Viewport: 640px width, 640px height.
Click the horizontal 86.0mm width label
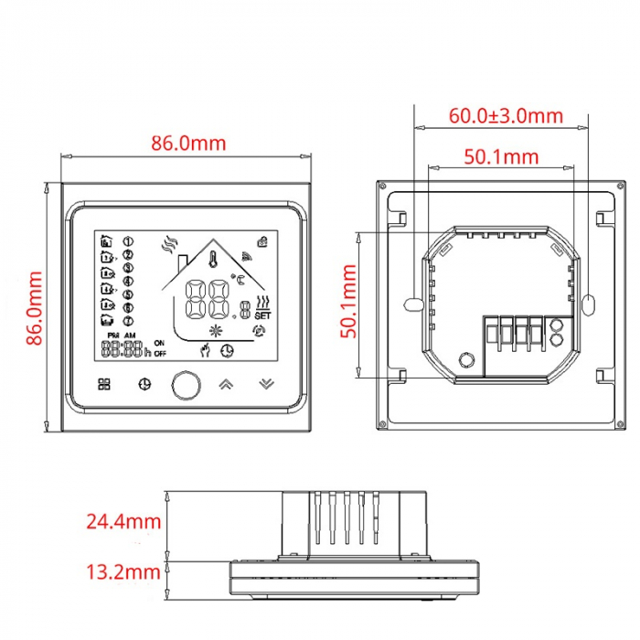tap(188, 143)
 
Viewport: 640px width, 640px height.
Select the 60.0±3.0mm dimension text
tap(506, 116)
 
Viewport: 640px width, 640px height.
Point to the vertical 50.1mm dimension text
tap(349, 302)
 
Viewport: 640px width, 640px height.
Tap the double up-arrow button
tap(224, 383)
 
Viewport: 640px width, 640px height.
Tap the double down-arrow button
tap(265, 383)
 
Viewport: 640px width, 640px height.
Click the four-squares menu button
tap(103, 384)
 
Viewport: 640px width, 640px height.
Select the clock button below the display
tap(143, 384)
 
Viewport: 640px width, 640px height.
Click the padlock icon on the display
tap(262, 241)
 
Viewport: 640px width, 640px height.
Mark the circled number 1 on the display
tap(128, 241)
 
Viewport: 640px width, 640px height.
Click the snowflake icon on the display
tap(217, 330)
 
